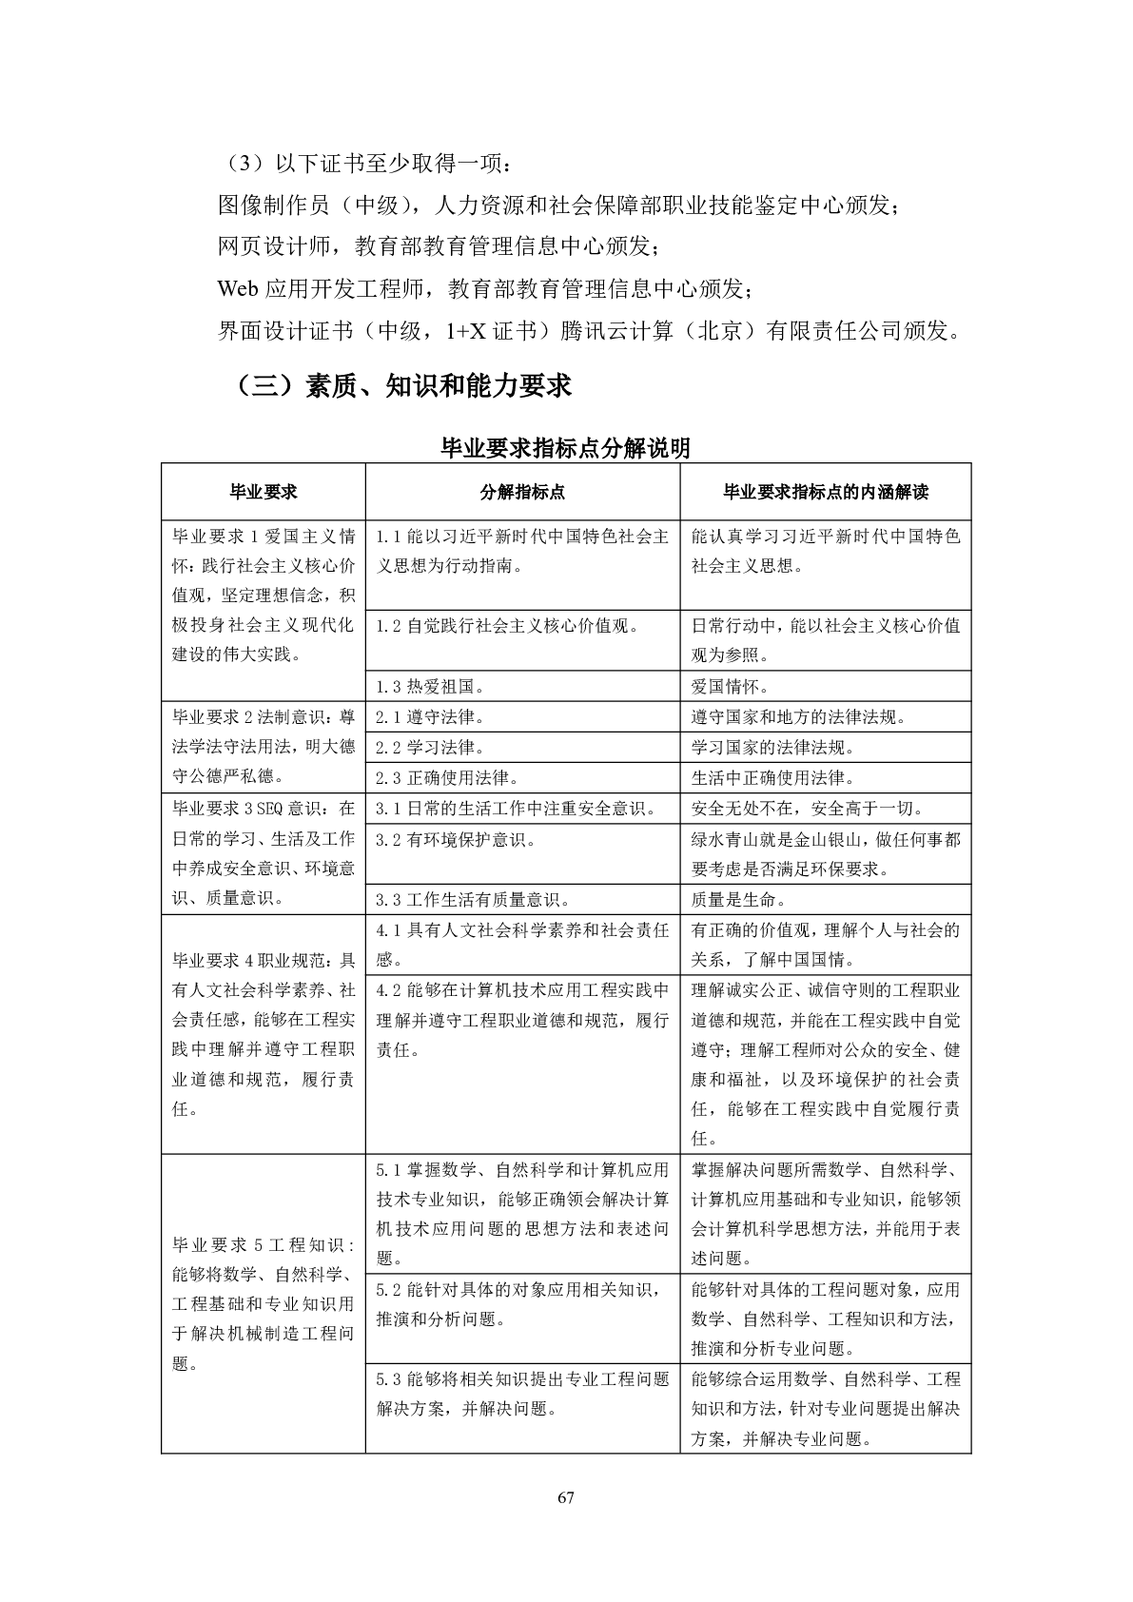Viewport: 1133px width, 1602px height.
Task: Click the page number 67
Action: [566, 1497]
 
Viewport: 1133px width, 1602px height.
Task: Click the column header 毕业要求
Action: [263, 492]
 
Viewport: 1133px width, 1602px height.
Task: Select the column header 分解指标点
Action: [522, 492]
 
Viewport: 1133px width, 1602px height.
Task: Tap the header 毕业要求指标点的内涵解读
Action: [825, 492]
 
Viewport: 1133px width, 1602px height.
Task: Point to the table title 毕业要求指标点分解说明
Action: [566, 447]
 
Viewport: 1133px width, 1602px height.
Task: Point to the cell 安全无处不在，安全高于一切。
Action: [807, 809]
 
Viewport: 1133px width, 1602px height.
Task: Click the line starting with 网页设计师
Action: [438, 246]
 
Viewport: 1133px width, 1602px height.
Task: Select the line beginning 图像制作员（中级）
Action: [557, 205]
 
